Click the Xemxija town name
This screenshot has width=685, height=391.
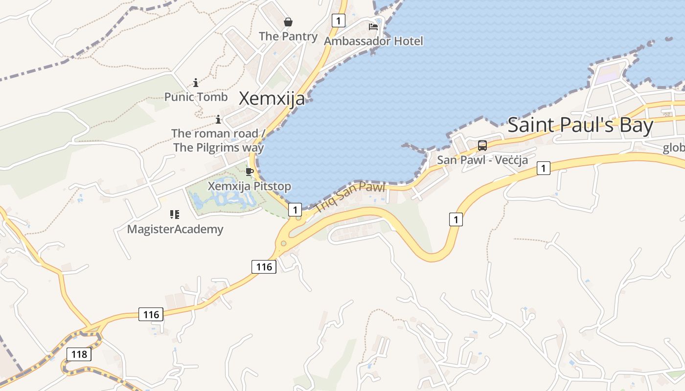pyautogui.click(x=272, y=99)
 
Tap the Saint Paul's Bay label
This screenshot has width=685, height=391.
pyautogui.click(x=580, y=126)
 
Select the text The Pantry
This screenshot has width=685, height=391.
pyautogui.click(x=288, y=36)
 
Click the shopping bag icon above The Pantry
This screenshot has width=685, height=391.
pyautogui.click(x=288, y=22)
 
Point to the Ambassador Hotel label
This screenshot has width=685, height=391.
pyautogui.click(x=373, y=41)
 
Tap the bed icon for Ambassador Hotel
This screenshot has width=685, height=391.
pyautogui.click(x=373, y=27)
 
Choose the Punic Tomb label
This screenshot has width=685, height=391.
pyautogui.click(x=196, y=97)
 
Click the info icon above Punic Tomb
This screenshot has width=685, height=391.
pyautogui.click(x=196, y=83)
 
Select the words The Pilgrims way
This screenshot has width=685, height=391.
pyautogui.click(x=219, y=148)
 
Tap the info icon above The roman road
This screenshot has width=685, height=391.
pyautogui.click(x=218, y=119)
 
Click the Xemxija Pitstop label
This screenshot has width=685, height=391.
pyautogui.click(x=250, y=186)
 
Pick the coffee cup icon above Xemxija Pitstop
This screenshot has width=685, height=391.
pyautogui.click(x=249, y=172)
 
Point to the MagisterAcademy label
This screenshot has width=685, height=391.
pyautogui.click(x=175, y=229)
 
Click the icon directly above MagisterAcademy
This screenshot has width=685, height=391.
pyautogui.click(x=175, y=215)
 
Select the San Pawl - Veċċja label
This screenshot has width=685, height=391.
pyautogui.click(x=482, y=160)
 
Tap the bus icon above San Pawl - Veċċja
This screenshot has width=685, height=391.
pyautogui.click(x=482, y=145)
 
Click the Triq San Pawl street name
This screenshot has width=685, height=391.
pyautogui.click(x=350, y=196)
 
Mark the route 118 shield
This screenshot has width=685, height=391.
pyautogui.click(x=79, y=354)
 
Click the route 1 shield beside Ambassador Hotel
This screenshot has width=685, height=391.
pyautogui.click(x=338, y=21)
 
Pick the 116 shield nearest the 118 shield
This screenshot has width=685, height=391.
pyautogui.click(x=151, y=314)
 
